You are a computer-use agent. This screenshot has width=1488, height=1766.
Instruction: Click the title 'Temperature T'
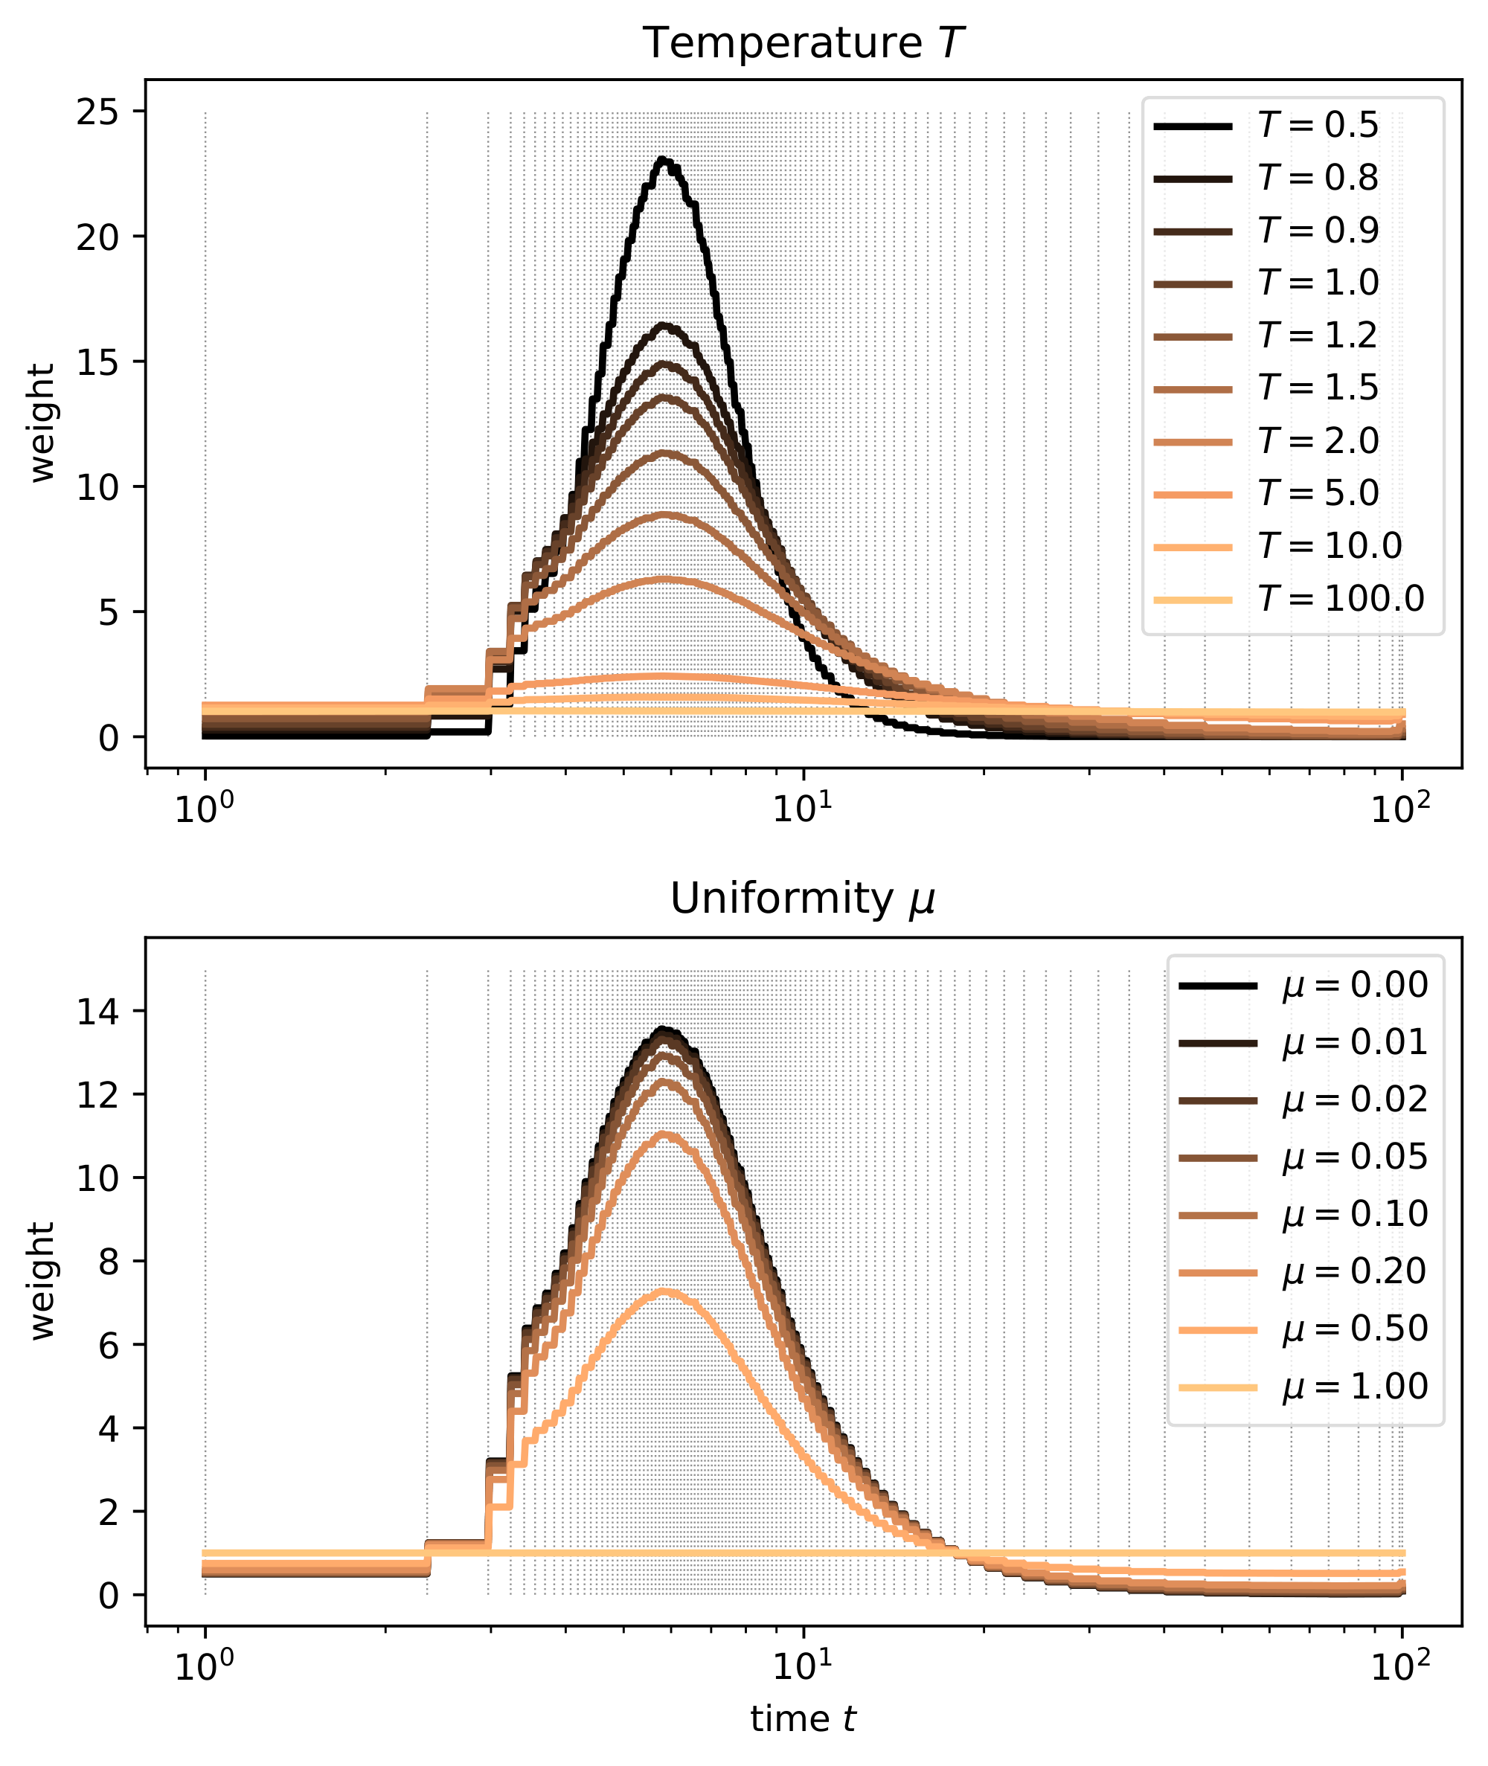pos(803,44)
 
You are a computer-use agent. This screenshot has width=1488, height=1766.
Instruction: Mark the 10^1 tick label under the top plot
pos(802,808)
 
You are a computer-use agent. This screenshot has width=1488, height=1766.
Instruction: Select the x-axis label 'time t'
pos(803,1719)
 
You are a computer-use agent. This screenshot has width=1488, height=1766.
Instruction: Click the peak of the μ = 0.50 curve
pos(664,1292)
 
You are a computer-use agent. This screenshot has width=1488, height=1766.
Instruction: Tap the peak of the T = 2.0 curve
pos(667,579)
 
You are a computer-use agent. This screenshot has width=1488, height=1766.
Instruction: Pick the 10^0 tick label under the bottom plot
pos(204,1666)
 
